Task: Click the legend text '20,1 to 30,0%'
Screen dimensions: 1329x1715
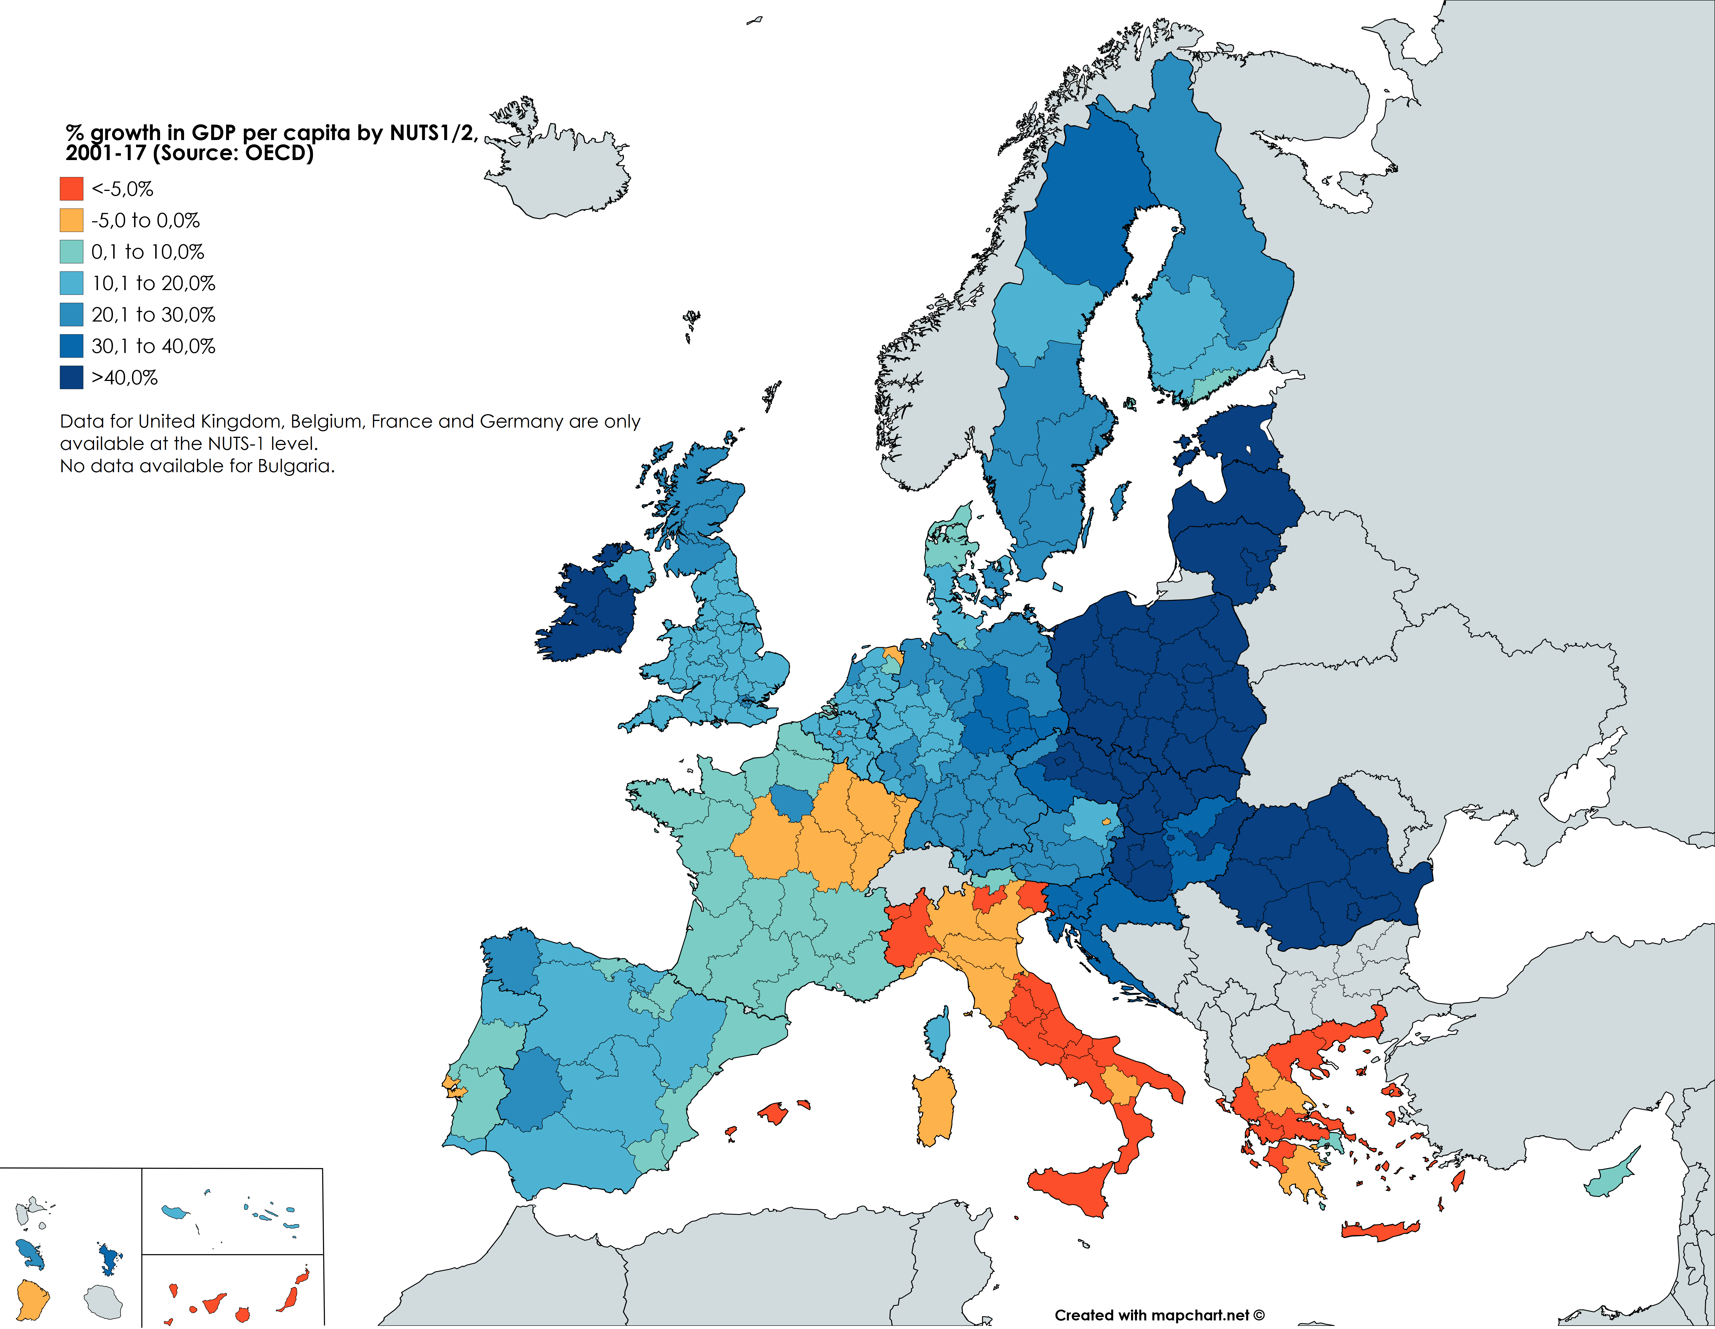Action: click(153, 315)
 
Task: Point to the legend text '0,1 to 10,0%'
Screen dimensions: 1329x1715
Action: click(147, 252)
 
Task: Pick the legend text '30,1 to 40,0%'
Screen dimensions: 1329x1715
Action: click(153, 346)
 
